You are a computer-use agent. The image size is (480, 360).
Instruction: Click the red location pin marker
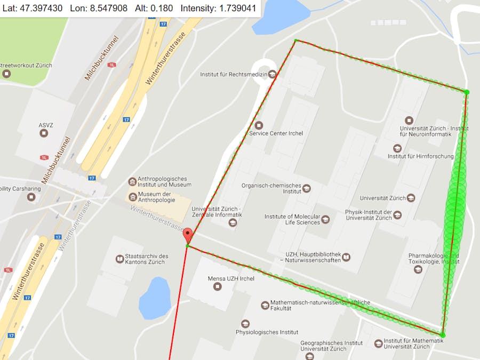click(x=188, y=235)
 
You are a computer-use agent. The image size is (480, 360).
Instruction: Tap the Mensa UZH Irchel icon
click(x=217, y=286)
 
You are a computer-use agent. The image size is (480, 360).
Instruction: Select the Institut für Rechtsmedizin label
click(x=233, y=74)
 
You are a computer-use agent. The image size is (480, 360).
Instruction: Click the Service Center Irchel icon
click(x=259, y=125)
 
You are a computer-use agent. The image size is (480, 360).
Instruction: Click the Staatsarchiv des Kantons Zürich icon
click(x=119, y=259)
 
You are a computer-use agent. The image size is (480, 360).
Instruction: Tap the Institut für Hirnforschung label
click(x=420, y=156)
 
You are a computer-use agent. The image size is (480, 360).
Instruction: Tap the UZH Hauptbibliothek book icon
click(x=346, y=257)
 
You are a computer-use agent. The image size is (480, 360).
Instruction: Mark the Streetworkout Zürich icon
click(x=6, y=74)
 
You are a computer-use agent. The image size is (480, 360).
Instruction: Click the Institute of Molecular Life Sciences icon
click(x=325, y=219)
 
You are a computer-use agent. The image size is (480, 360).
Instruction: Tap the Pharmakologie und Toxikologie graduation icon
click(x=418, y=269)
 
